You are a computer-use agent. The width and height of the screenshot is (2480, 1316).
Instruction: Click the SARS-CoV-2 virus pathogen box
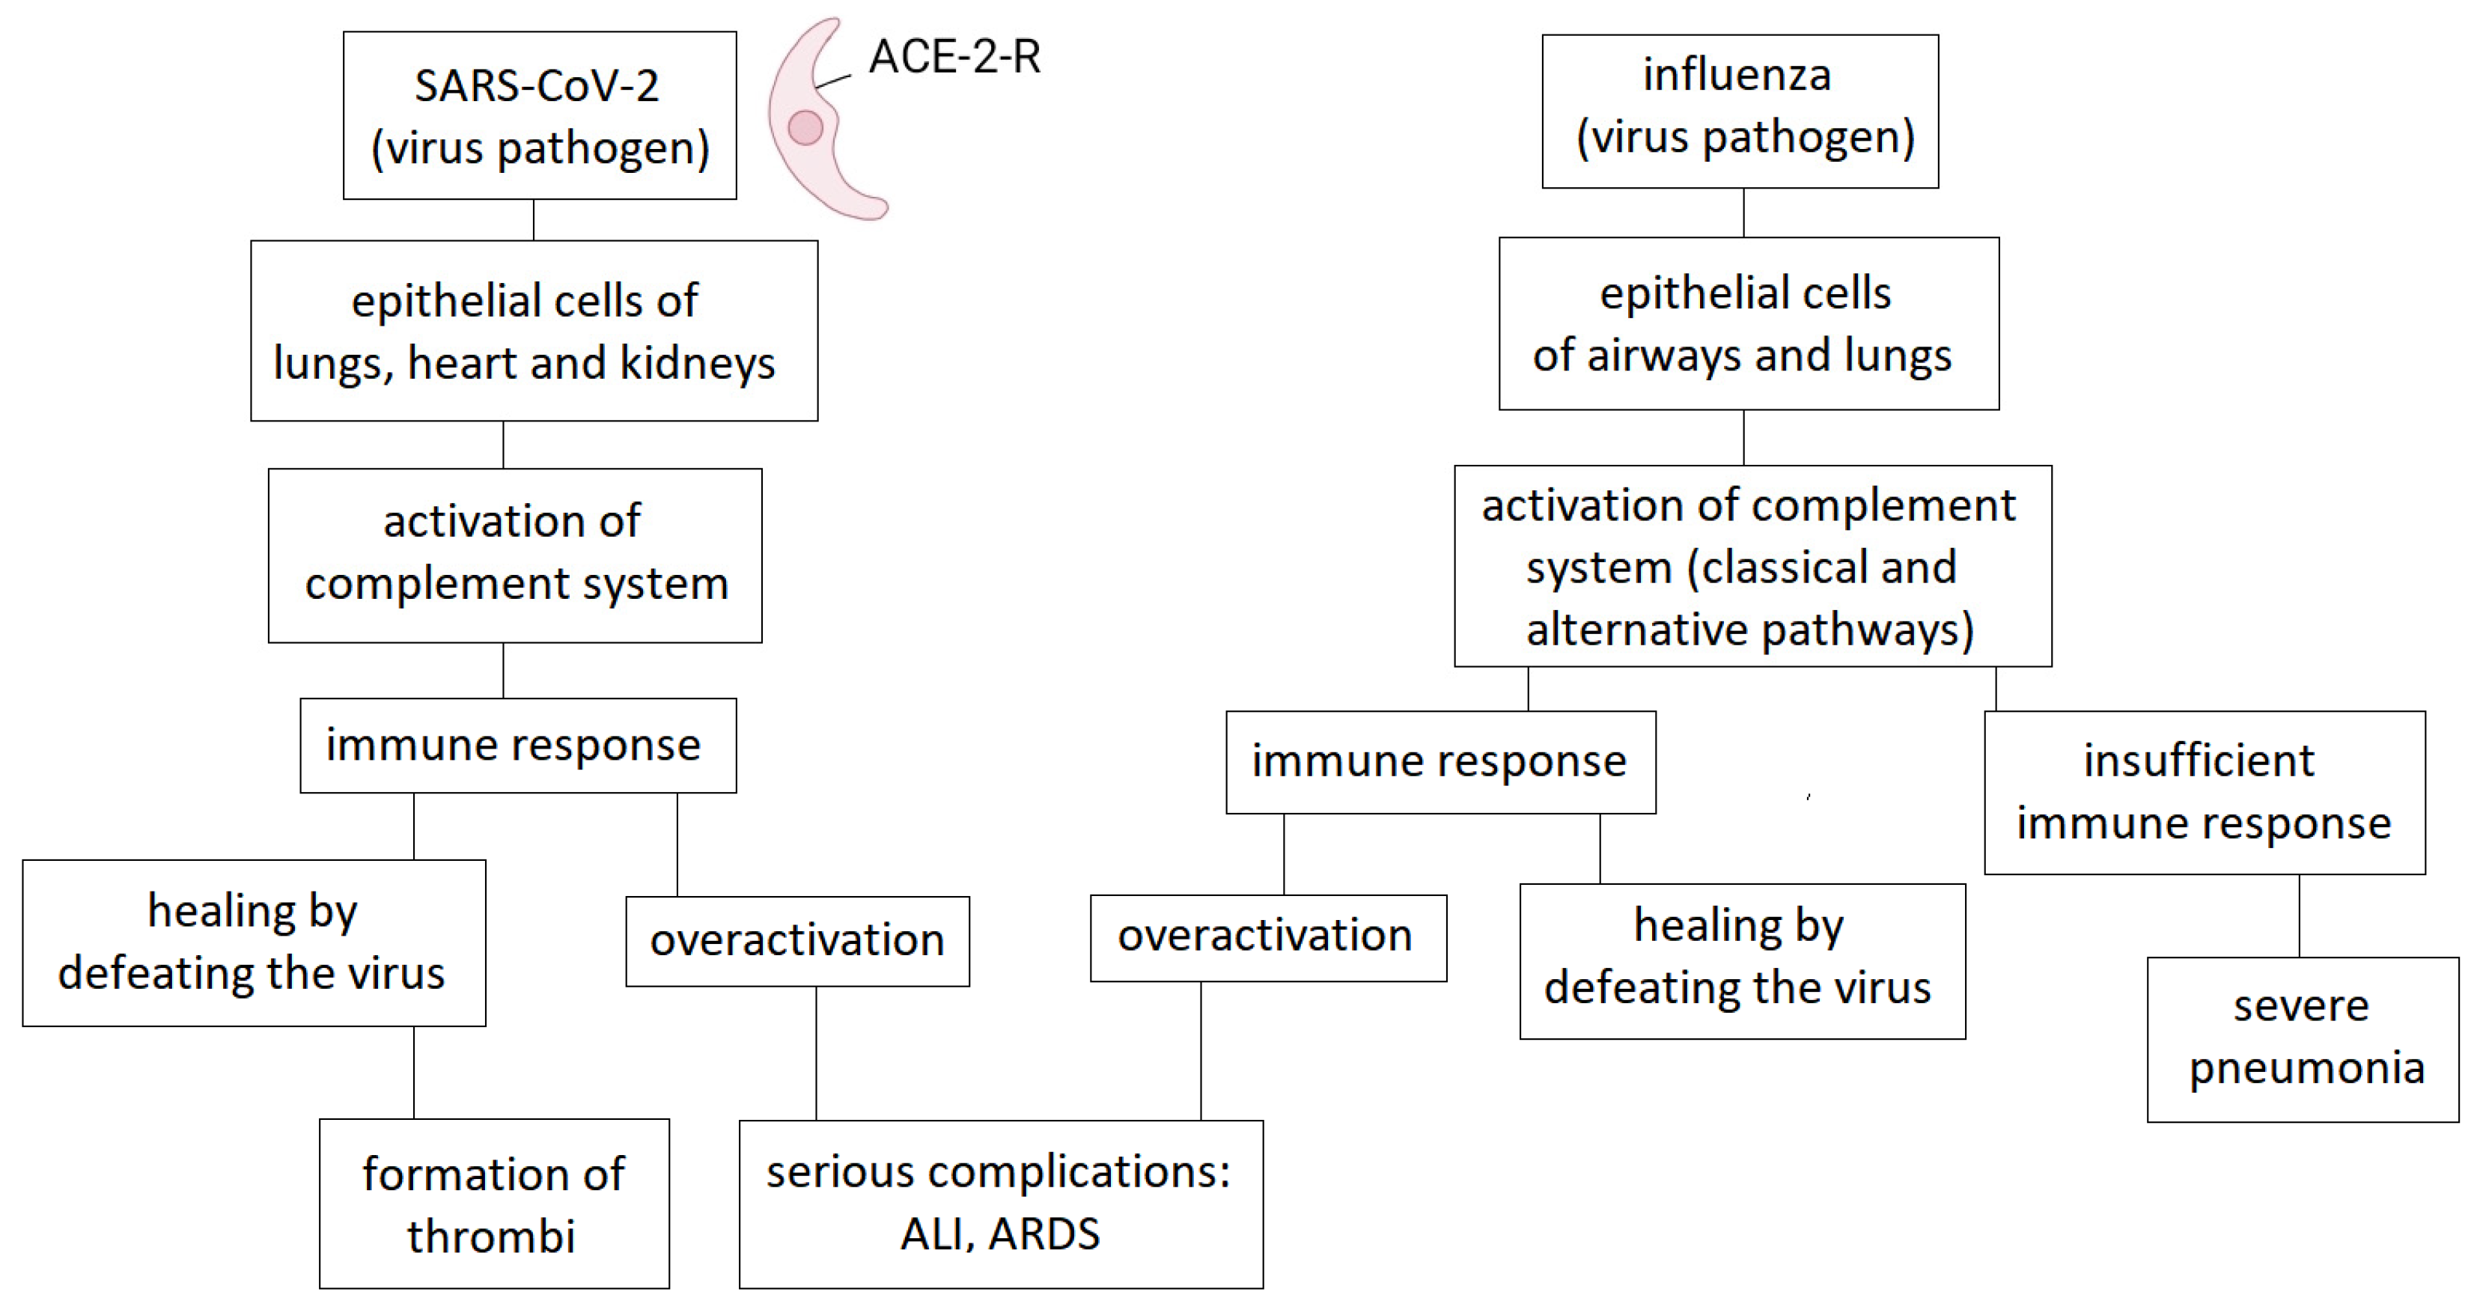[x=539, y=115]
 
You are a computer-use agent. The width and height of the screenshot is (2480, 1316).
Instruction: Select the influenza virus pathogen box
[x=1740, y=111]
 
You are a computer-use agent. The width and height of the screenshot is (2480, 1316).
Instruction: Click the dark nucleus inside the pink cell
[x=805, y=127]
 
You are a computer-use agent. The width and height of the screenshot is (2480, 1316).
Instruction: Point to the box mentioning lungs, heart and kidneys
[x=534, y=330]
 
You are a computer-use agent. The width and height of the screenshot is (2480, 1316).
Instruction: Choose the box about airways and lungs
[x=1749, y=323]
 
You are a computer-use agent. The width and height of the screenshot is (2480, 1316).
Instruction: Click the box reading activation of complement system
[x=514, y=555]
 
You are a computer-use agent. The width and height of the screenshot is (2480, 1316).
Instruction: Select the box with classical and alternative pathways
[x=1752, y=566]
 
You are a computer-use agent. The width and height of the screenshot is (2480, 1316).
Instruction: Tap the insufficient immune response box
[x=2204, y=791]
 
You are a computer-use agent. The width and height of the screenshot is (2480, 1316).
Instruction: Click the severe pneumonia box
[x=2302, y=1039]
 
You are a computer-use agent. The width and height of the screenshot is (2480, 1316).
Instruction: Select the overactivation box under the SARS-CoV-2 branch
[x=797, y=940]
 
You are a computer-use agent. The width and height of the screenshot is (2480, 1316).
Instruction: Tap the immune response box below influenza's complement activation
[x=1440, y=761]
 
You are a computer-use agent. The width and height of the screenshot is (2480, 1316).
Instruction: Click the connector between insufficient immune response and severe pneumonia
[x=2299, y=916]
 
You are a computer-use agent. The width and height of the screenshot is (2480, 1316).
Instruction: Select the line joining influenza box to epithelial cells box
[x=1743, y=213]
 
